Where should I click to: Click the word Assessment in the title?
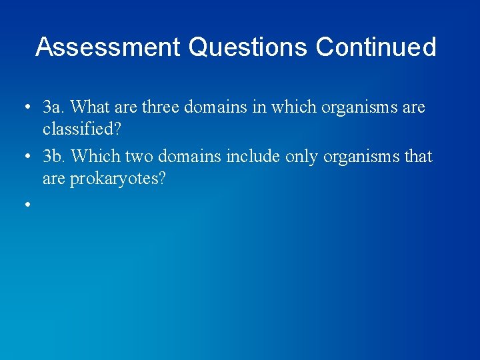(108, 47)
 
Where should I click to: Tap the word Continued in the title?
(376, 47)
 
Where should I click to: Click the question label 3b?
(55, 157)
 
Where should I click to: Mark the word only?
(303, 157)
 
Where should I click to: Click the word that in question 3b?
(418, 157)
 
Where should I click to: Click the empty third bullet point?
(27, 205)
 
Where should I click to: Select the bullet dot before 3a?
(27, 107)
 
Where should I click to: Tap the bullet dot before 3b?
(27, 157)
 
